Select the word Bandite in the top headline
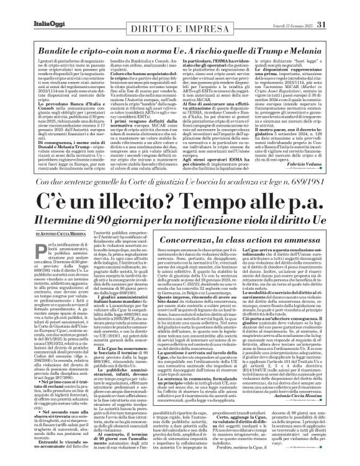pos(50,32)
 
